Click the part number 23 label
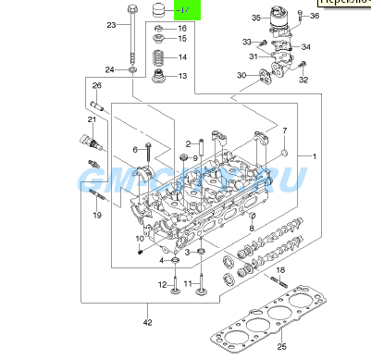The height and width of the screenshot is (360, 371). click(111, 25)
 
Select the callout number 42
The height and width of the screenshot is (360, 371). click(147, 321)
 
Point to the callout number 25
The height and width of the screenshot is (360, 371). click(282, 345)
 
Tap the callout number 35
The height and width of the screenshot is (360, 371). click(256, 18)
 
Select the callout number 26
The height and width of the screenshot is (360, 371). click(96, 86)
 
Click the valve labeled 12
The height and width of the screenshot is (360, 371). click(175, 294)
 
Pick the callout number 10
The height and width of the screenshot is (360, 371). click(140, 239)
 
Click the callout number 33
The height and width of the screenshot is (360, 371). click(247, 42)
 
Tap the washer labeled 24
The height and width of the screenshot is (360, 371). click(133, 69)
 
